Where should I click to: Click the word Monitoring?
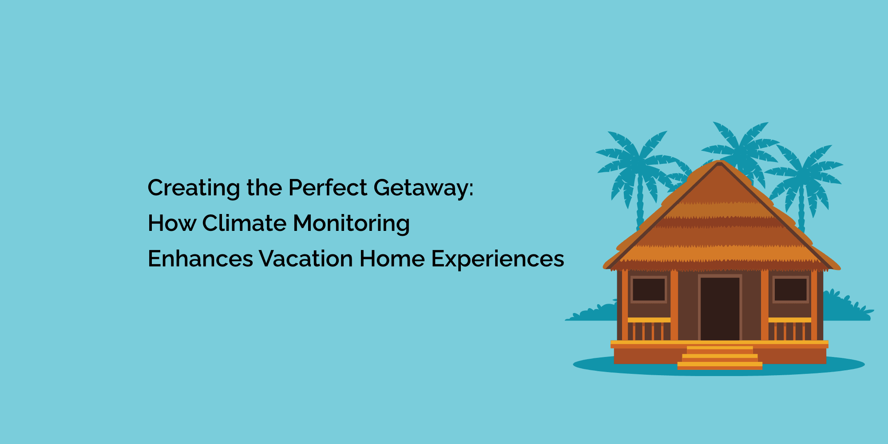point(351,224)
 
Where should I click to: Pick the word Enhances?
point(200,258)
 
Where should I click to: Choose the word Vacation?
point(306,258)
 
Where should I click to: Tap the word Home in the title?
point(392,258)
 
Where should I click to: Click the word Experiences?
point(498,259)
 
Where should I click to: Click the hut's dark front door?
point(720,309)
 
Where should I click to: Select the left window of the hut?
point(649,290)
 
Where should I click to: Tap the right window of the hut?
point(790,290)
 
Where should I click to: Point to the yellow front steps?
point(720,358)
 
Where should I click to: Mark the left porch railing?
point(649,329)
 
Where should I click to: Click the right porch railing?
point(790,329)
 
